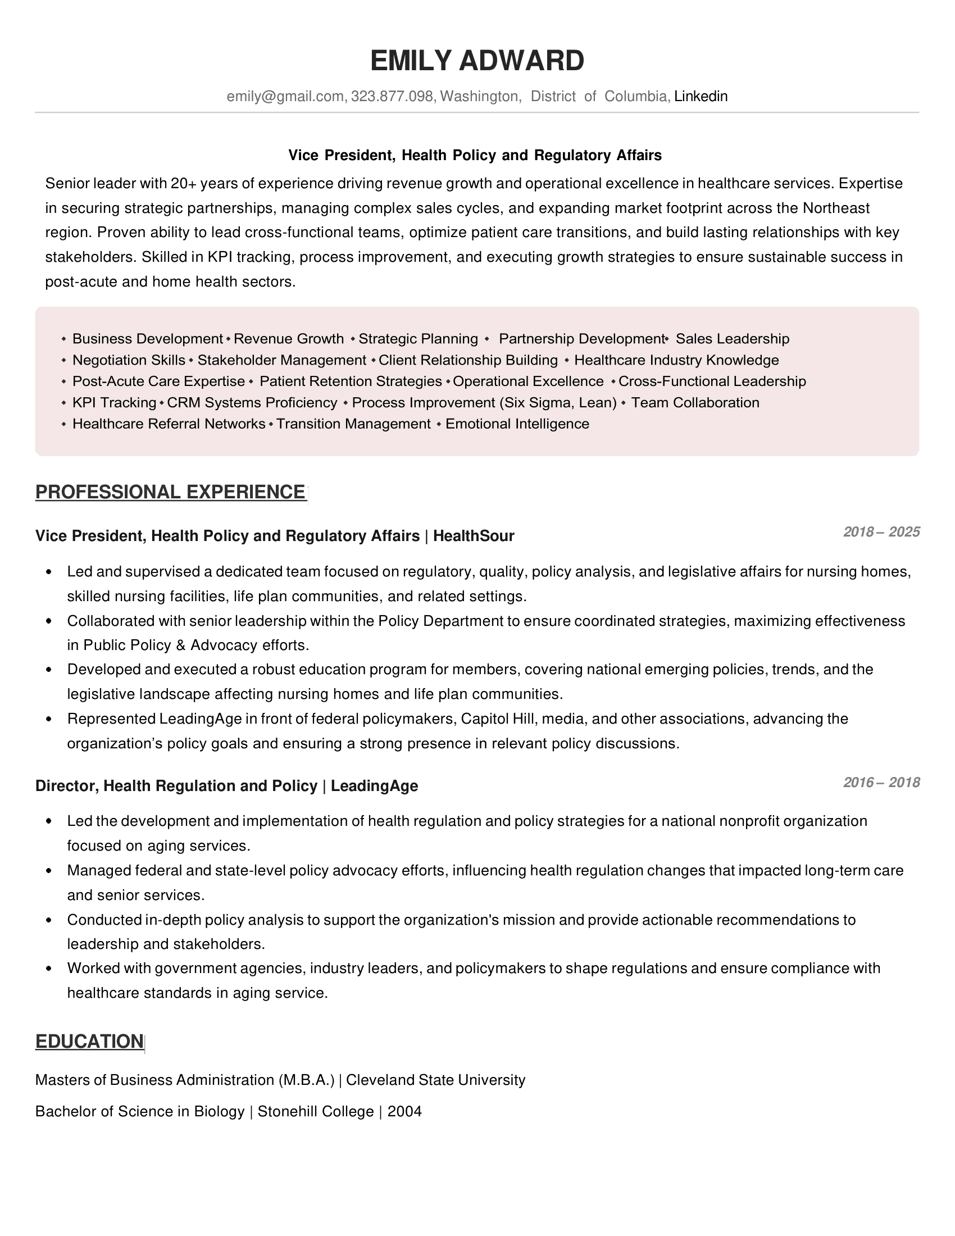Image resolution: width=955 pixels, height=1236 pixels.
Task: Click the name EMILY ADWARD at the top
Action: (477, 61)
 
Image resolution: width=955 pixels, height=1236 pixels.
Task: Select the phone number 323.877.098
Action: (392, 97)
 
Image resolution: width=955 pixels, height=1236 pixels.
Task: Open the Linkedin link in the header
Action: (701, 97)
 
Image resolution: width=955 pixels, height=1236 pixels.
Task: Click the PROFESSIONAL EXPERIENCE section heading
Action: (170, 492)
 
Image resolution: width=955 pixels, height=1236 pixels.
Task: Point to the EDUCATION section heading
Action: (89, 1041)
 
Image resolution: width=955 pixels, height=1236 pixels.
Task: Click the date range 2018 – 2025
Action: (881, 531)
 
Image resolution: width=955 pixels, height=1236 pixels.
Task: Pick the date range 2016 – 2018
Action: (881, 782)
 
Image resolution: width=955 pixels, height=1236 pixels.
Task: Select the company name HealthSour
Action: (474, 536)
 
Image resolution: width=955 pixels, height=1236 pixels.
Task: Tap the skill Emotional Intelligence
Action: (517, 424)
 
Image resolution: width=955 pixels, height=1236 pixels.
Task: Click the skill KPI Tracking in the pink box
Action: (114, 402)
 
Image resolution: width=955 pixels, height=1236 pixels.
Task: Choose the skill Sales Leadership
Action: (732, 339)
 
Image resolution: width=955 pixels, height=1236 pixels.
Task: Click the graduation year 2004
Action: (404, 1111)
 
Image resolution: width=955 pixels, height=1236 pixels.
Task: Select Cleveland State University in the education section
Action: (435, 1080)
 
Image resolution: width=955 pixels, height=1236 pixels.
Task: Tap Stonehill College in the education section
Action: (316, 1111)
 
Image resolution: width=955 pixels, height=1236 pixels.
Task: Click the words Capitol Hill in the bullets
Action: (498, 719)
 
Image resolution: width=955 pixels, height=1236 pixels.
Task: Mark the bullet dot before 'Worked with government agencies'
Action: (49, 969)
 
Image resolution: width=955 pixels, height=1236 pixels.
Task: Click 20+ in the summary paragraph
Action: (183, 183)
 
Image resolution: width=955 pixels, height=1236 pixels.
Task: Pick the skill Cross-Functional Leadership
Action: (712, 381)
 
